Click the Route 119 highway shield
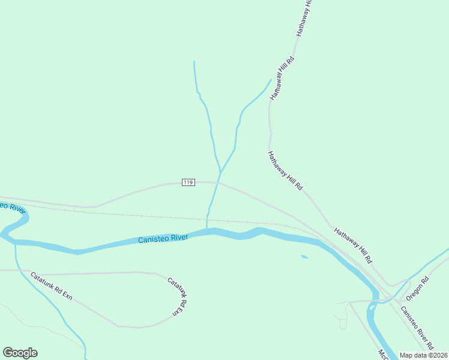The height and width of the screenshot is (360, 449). [x=188, y=182]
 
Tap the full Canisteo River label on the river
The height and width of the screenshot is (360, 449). [x=163, y=239]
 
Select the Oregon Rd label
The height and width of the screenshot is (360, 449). [x=418, y=288]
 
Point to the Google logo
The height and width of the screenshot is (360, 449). [x=20, y=353]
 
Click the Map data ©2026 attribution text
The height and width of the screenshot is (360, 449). [x=424, y=355]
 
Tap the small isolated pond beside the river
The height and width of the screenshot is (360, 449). [x=304, y=257]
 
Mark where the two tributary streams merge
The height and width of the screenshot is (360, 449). [x=220, y=172]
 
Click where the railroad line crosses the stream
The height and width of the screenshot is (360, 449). [x=208, y=218]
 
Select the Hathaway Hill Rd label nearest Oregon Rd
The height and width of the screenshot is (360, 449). [x=354, y=245]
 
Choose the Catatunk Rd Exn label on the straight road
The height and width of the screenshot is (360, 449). [x=51, y=287]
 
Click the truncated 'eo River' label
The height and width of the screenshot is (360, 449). [x=12, y=207]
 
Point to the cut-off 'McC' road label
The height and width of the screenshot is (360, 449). [x=382, y=355]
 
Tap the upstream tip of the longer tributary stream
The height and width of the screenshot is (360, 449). [x=194, y=61]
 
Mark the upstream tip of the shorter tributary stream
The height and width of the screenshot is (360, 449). [x=271, y=80]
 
